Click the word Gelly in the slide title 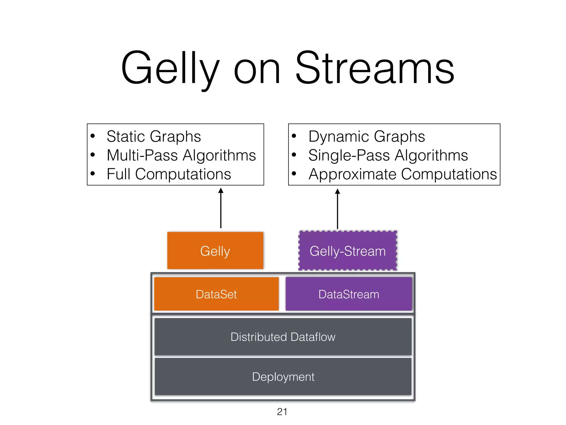click(x=170, y=69)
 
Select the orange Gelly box click(x=215, y=251)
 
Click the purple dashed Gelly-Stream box click(x=347, y=251)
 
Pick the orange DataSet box click(x=216, y=294)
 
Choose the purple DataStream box click(x=348, y=294)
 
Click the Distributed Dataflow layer click(x=283, y=337)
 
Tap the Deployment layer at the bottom click(x=283, y=377)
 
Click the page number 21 click(x=282, y=412)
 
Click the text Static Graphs click(x=154, y=136)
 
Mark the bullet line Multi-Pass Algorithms click(x=181, y=155)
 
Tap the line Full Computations click(x=169, y=174)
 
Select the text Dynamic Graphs click(x=366, y=136)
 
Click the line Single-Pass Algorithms click(x=388, y=155)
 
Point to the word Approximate click(x=353, y=174)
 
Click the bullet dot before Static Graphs click(x=93, y=136)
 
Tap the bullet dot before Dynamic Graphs click(x=294, y=136)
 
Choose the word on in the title click(x=257, y=71)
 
